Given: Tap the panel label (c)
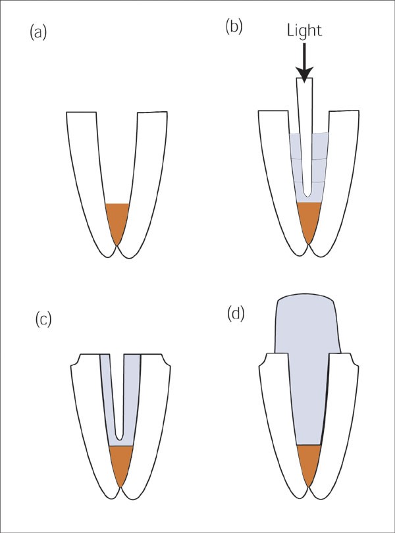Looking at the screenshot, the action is (43, 320).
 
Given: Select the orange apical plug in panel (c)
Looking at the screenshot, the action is (120, 463).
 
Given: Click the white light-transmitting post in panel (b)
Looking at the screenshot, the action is (304, 132).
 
